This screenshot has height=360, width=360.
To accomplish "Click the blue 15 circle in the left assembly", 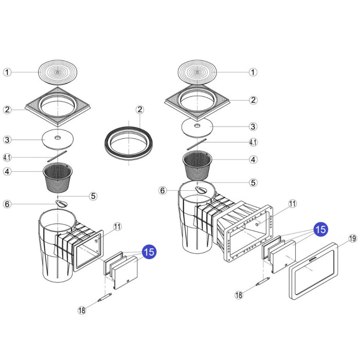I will pos(149,252).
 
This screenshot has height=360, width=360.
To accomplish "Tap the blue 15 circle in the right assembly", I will pos(320,229).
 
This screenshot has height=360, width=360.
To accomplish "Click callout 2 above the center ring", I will pos(139,110).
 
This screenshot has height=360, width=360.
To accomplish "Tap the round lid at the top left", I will pos(58,73).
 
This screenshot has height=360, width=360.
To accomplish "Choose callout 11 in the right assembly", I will pos(293,204).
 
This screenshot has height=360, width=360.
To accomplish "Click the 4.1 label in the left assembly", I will pos(7,157).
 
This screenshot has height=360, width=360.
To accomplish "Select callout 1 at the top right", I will pos(253,72).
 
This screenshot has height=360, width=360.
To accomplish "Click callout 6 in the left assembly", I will pos(7,204).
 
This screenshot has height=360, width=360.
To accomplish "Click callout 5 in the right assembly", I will pos(253,182).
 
